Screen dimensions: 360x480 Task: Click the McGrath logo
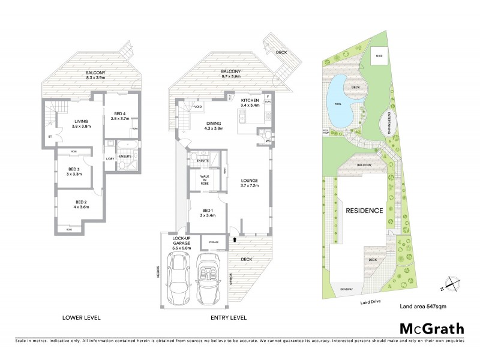[431, 328]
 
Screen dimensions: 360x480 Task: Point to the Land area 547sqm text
[422, 306]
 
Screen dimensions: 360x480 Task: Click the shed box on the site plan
[379, 58]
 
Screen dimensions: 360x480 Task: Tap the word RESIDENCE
[364, 211]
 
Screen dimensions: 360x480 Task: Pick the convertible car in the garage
[210, 277]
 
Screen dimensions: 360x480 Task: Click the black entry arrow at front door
[235, 239]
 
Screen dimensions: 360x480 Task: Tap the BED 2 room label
[82, 204]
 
